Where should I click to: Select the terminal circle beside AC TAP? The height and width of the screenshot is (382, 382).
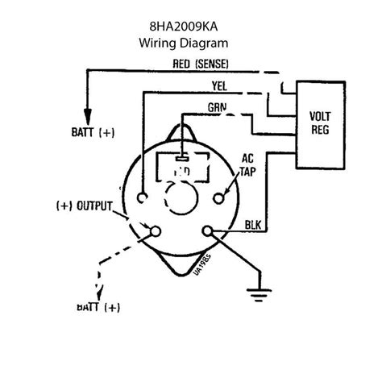[219, 196]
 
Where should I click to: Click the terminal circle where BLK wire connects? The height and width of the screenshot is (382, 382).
[213, 231]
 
